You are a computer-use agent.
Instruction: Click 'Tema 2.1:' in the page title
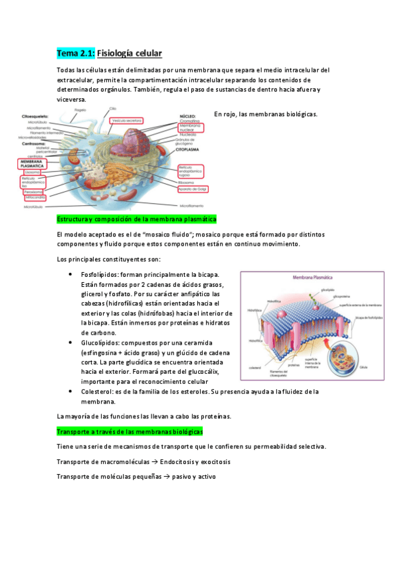tap(76, 52)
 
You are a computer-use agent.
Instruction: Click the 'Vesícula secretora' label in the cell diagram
tap(128, 121)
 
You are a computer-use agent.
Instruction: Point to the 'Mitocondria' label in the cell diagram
tap(35, 198)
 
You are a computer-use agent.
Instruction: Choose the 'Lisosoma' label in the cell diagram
tap(33, 172)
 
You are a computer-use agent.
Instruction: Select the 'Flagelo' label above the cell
tap(80, 110)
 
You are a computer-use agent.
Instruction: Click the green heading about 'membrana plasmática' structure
tap(137, 219)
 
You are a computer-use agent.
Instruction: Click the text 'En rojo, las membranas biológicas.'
tap(266, 114)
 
